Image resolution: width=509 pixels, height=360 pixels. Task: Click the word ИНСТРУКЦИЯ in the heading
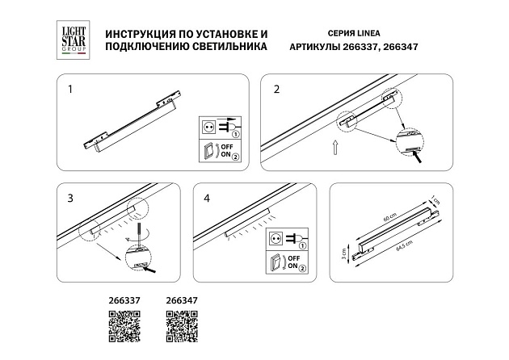point(133,36)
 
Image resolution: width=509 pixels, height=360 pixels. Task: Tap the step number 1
point(70,90)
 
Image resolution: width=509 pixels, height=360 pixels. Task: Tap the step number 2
point(276,89)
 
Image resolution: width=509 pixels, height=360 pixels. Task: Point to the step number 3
point(70,198)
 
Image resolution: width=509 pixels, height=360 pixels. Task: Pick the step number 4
point(206,198)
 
